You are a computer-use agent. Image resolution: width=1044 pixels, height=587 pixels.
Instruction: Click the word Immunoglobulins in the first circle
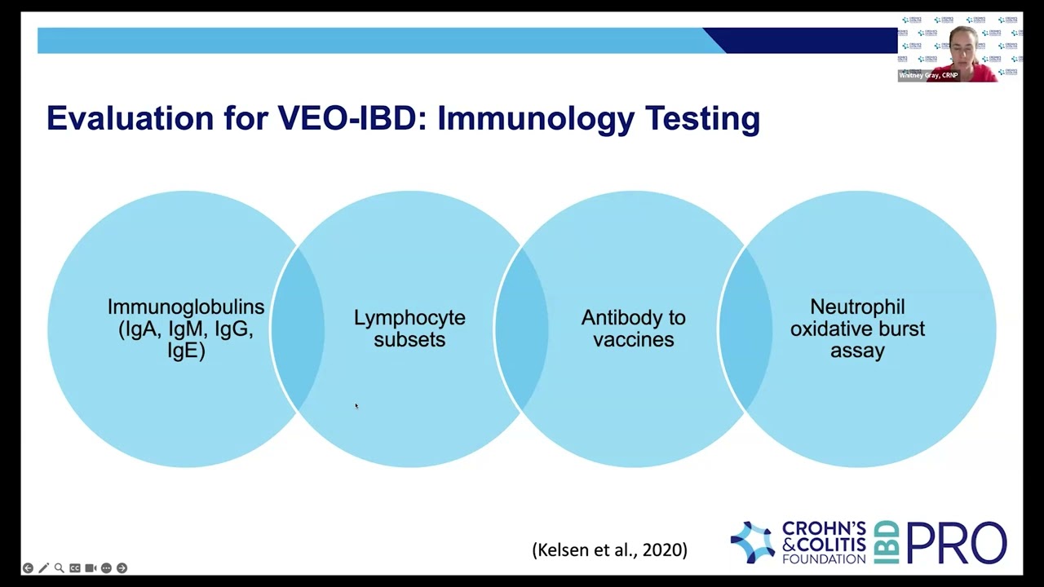click(x=186, y=307)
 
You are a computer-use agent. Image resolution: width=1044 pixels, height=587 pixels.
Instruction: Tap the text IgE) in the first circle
click(x=186, y=351)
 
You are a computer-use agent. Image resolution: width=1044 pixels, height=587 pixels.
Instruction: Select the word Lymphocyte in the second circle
click(x=409, y=318)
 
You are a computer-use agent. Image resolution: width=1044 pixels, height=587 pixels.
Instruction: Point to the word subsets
click(x=409, y=339)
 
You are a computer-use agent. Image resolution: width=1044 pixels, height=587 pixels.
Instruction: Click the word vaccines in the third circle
click(x=634, y=339)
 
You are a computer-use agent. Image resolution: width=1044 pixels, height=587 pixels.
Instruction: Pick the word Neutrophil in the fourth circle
click(x=857, y=307)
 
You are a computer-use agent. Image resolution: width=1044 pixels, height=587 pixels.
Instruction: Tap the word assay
click(x=857, y=351)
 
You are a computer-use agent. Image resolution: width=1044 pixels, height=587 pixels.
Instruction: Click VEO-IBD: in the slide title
click(x=352, y=119)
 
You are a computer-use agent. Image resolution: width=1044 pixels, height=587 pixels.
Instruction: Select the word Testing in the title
click(x=702, y=119)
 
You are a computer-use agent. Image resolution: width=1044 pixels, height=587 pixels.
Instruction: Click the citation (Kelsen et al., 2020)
click(x=609, y=550)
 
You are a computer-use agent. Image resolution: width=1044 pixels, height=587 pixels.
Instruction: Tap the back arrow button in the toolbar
click(x=28, y=568)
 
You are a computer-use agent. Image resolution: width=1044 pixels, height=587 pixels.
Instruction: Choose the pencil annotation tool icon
click(x=43, y=568)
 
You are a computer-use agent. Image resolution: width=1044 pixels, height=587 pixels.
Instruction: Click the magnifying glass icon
click(x=59, y=568)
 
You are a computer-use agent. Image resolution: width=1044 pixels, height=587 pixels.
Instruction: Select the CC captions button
click(x=75, y=568)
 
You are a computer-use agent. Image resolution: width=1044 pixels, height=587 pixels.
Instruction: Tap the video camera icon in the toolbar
click(x=91, y=568)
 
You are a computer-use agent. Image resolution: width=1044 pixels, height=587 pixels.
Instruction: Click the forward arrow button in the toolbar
click(x=122, y=568)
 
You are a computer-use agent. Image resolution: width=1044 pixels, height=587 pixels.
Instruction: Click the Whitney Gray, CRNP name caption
click(x=929, y=75)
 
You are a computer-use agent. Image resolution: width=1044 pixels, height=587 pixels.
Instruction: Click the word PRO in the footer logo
click(x=956, y=543)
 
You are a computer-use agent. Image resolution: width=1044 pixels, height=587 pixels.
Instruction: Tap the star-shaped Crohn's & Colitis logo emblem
click(x=752, y=543)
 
